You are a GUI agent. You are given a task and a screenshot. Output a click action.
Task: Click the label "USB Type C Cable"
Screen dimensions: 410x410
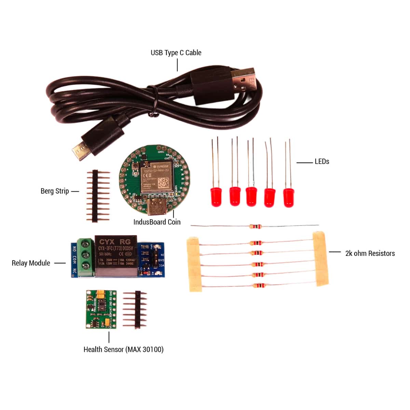176,53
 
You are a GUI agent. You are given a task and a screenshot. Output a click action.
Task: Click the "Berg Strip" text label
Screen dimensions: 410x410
55,191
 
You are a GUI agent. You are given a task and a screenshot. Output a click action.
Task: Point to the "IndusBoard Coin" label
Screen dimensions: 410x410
157,222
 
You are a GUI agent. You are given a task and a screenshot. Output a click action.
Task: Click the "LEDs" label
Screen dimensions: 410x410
322,162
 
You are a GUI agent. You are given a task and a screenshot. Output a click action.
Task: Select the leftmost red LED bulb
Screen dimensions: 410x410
216,196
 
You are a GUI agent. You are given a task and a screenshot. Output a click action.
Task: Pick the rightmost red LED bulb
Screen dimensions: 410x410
288,197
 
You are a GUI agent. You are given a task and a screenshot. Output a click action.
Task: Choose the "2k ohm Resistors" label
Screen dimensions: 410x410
370,254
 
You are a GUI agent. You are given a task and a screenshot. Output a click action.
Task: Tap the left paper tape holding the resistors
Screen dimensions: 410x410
193,265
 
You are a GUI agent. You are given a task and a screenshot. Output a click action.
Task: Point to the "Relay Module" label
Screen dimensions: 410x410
31,263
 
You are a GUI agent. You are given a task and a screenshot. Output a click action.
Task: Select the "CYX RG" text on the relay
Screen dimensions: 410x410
115,242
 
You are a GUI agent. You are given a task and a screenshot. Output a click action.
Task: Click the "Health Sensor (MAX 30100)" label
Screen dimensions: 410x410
123,350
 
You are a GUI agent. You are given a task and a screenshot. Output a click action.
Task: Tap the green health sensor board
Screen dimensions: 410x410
101,309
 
